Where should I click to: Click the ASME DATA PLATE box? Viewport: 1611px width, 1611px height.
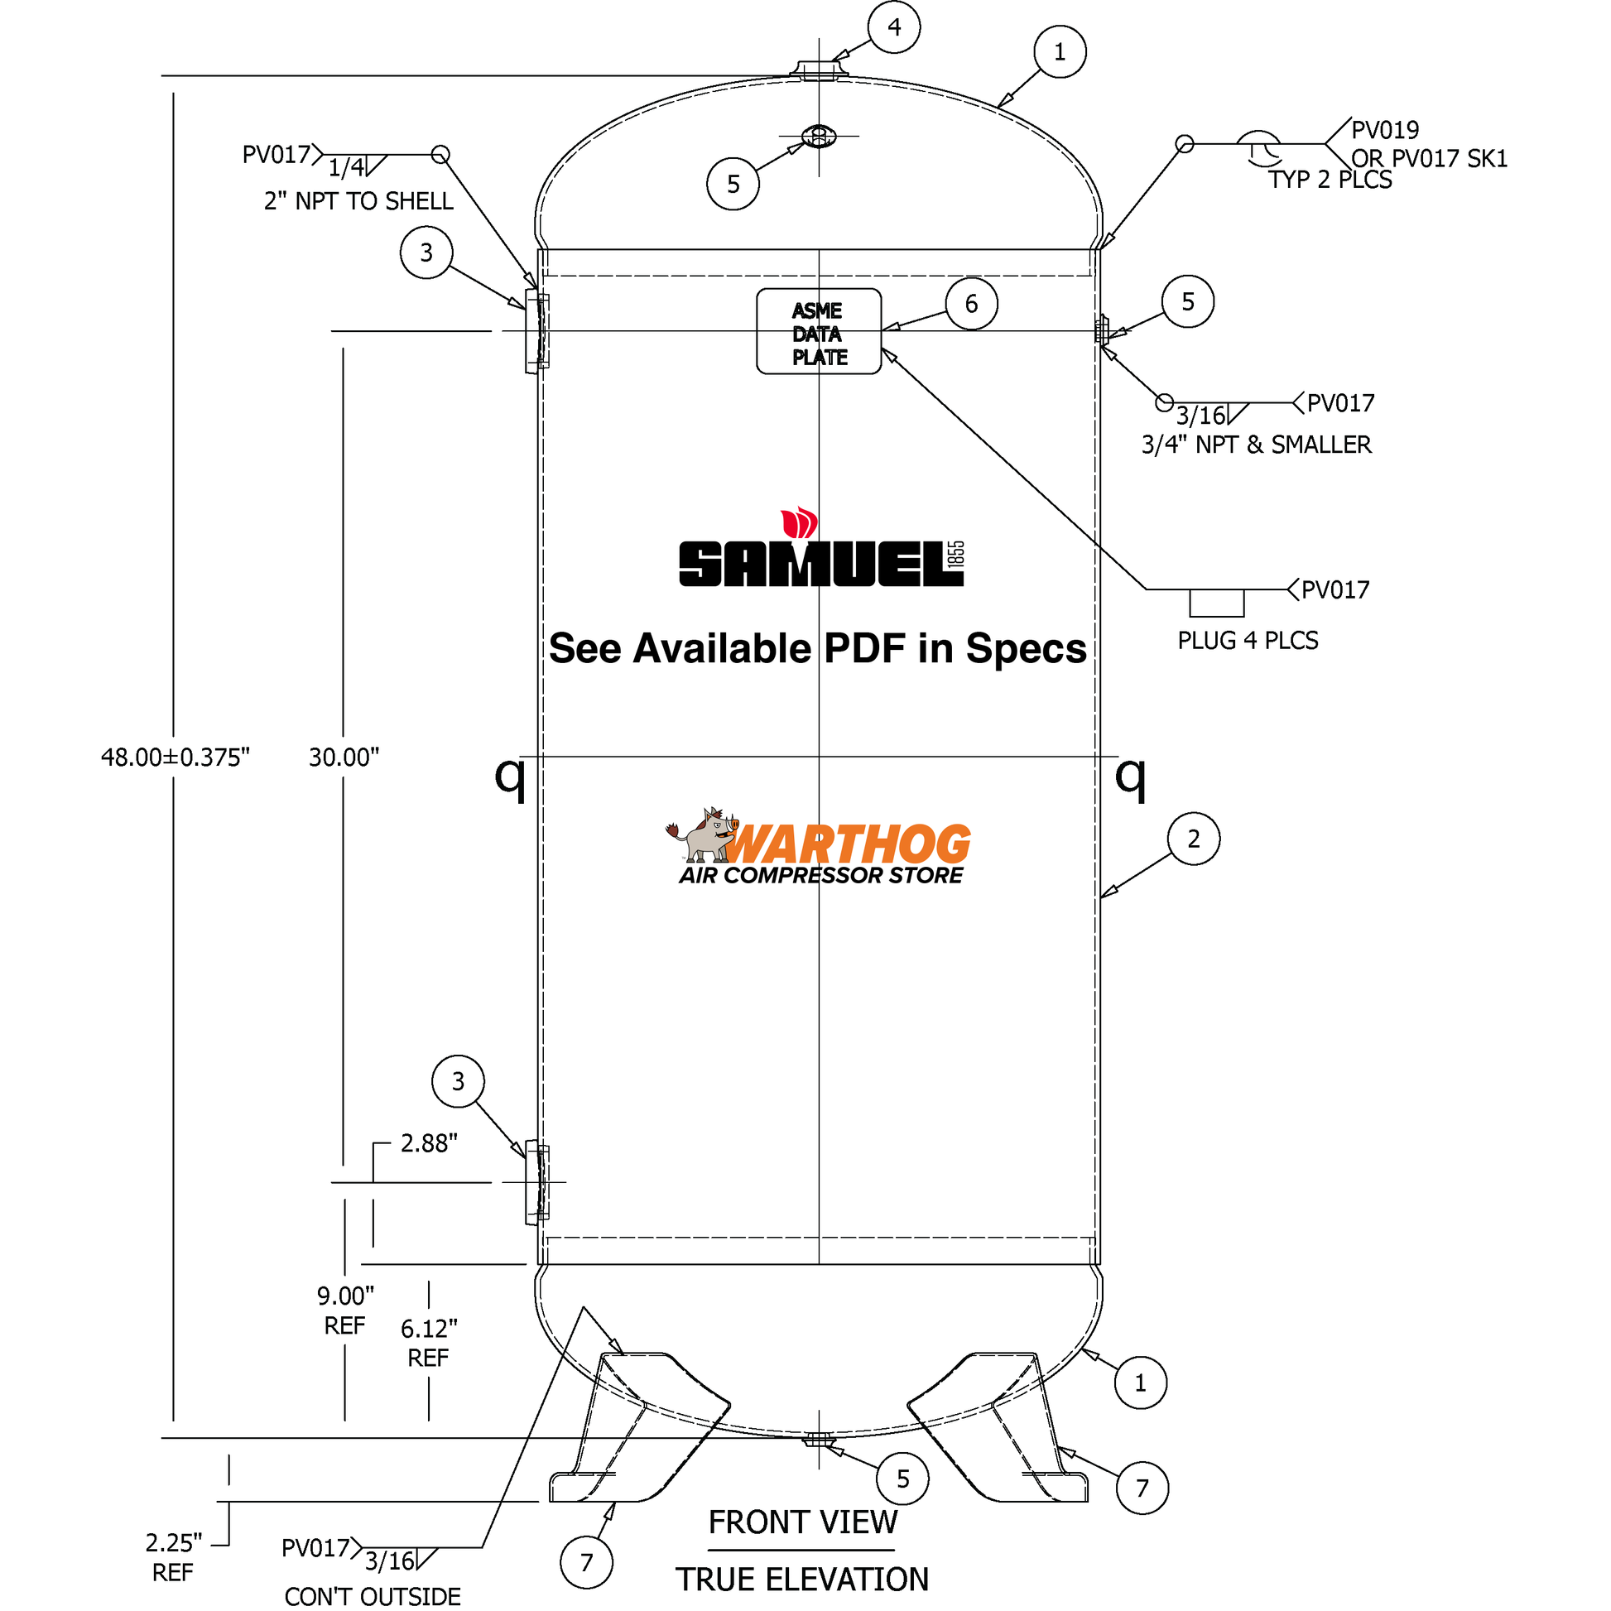point(818,332)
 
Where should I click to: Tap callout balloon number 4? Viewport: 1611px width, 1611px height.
point(894,27)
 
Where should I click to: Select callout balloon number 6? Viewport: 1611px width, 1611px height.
point(971,304)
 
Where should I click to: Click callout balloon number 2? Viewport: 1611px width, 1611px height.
point(1193,839)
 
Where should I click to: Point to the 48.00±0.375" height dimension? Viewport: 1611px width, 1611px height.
point(176,757)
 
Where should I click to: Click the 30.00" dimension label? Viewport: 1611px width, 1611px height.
point(344,757)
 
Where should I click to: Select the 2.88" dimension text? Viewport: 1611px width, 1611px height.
point(429,1143)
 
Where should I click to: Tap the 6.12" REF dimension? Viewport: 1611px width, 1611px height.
point(429,1343)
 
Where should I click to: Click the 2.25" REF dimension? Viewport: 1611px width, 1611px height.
point(174,1557)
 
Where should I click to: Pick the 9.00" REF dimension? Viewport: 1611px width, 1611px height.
point(345,1310)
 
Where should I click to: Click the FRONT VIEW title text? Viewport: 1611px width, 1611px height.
point(802,1522)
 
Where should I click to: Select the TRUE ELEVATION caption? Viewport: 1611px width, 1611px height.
point(802,1580)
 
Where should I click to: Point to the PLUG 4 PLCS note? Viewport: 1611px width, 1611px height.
point(1248,641)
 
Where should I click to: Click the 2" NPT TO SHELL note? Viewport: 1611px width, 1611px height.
point(358,201)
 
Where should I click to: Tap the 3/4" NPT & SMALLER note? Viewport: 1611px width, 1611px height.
point(1256,445)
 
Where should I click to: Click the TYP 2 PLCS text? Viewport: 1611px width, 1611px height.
point(1330,180)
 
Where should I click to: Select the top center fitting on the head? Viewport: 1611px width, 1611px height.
point(819,69)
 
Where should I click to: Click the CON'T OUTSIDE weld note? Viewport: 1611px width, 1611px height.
point(372,1596)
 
